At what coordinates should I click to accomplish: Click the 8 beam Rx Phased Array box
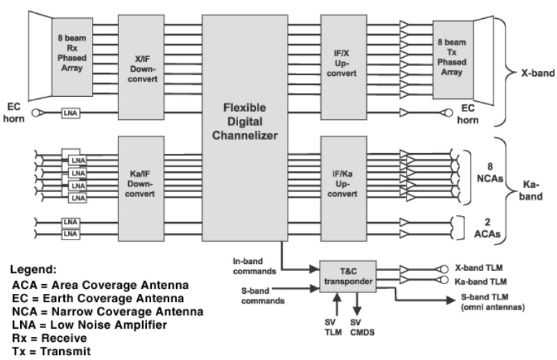point(72,56)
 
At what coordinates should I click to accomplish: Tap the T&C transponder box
point(347,275)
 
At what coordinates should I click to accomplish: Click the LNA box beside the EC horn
point(69,112)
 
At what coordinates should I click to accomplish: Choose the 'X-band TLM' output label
point(479,268)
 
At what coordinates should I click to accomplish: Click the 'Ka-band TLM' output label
point(480,281)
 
